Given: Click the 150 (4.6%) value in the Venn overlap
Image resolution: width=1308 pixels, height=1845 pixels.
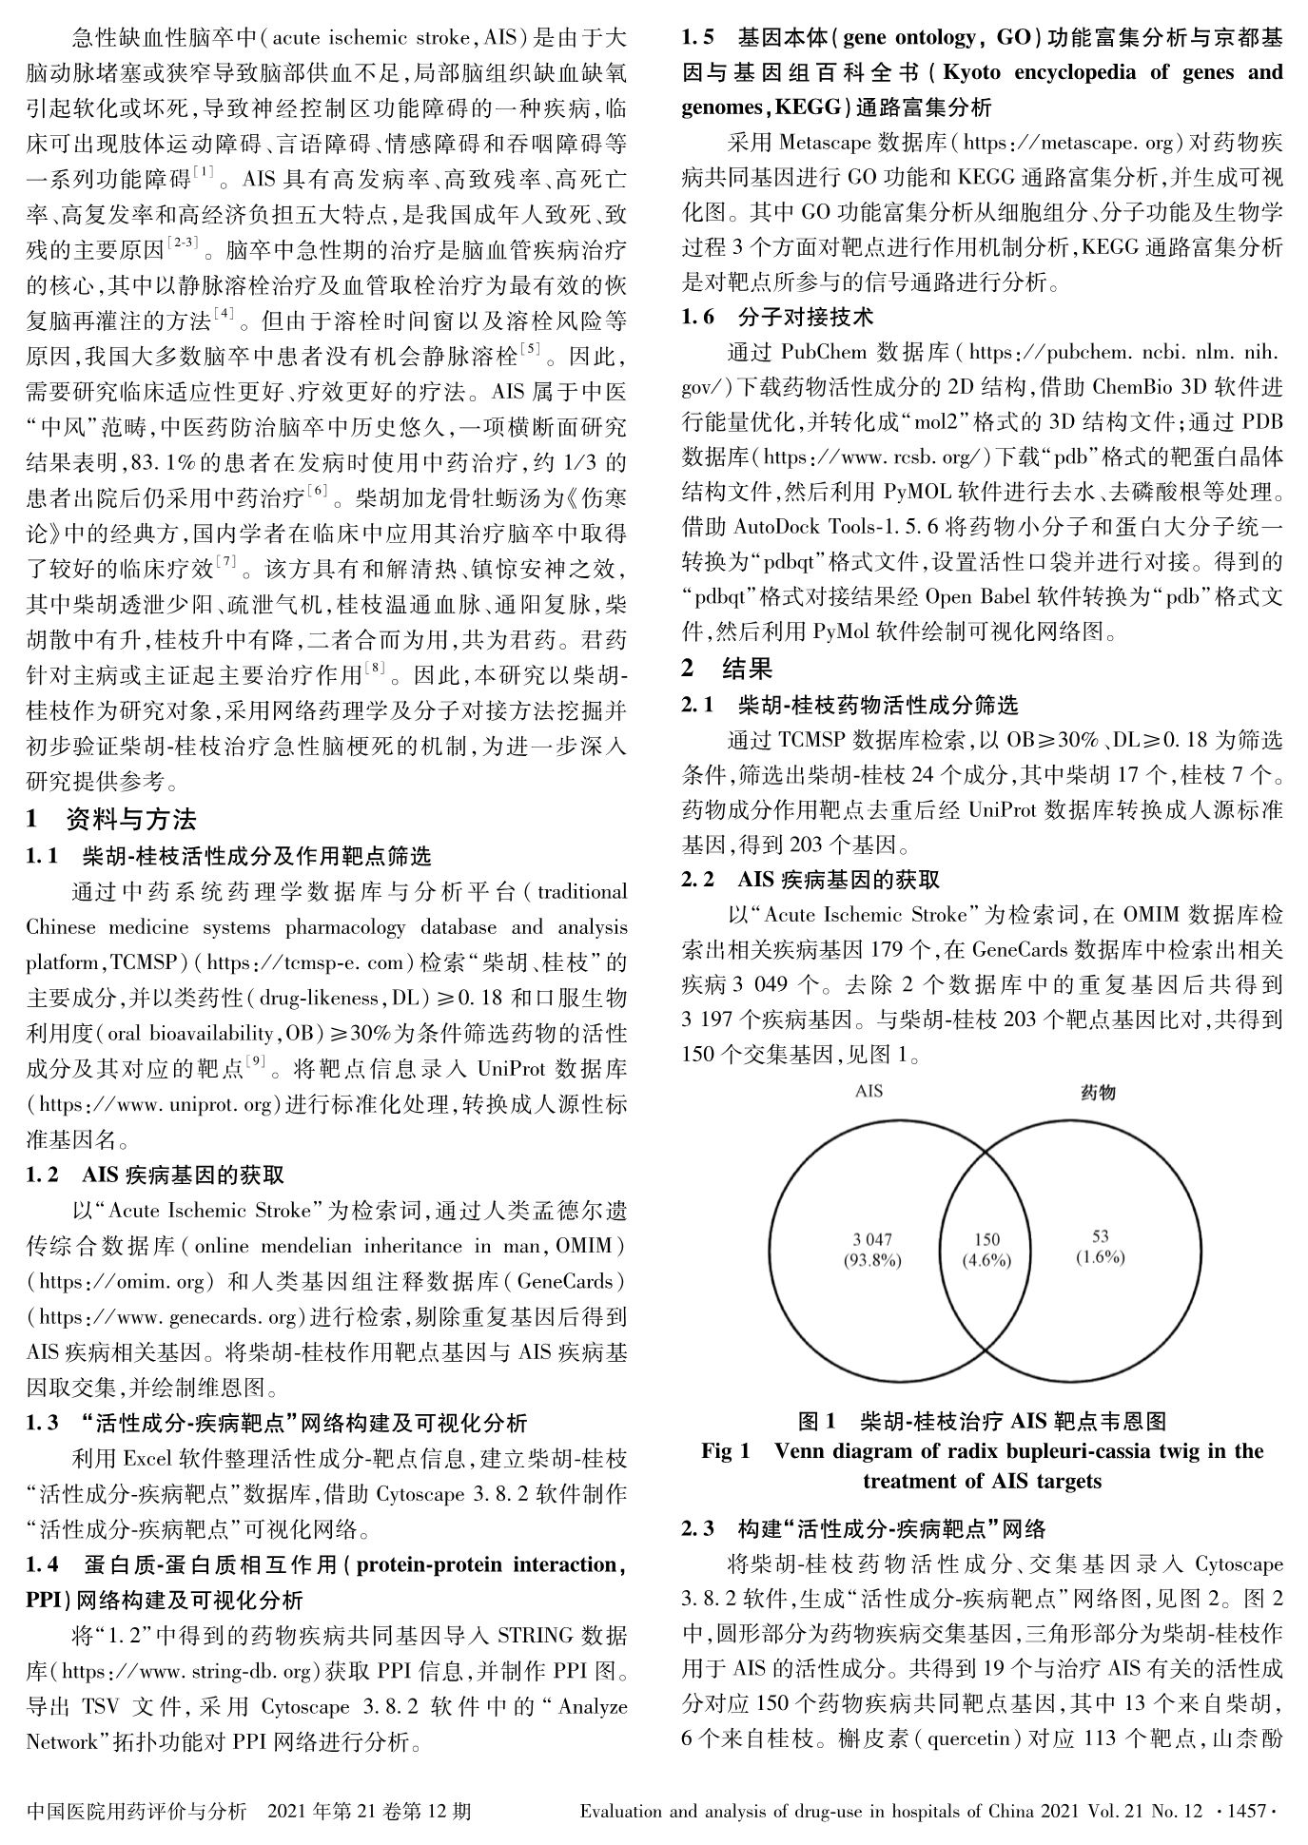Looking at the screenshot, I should coord(986,1250).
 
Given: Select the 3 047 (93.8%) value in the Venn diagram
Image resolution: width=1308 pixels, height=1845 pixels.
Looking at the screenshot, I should coord(871,1250).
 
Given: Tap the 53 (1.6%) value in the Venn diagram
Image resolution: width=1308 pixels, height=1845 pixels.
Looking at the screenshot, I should coord(1100,1247).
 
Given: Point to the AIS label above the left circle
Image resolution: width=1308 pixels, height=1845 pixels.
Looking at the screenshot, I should coord(869,1091).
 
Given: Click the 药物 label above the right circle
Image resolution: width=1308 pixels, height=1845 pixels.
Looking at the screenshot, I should coord(1098,1093).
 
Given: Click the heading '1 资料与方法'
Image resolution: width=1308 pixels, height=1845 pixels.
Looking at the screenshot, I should coord(111,819).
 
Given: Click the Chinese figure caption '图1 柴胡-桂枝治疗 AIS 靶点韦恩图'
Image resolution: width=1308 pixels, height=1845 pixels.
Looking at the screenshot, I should coord(982,1421).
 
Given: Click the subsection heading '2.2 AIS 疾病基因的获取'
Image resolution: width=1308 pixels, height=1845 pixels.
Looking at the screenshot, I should coord(810,880).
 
